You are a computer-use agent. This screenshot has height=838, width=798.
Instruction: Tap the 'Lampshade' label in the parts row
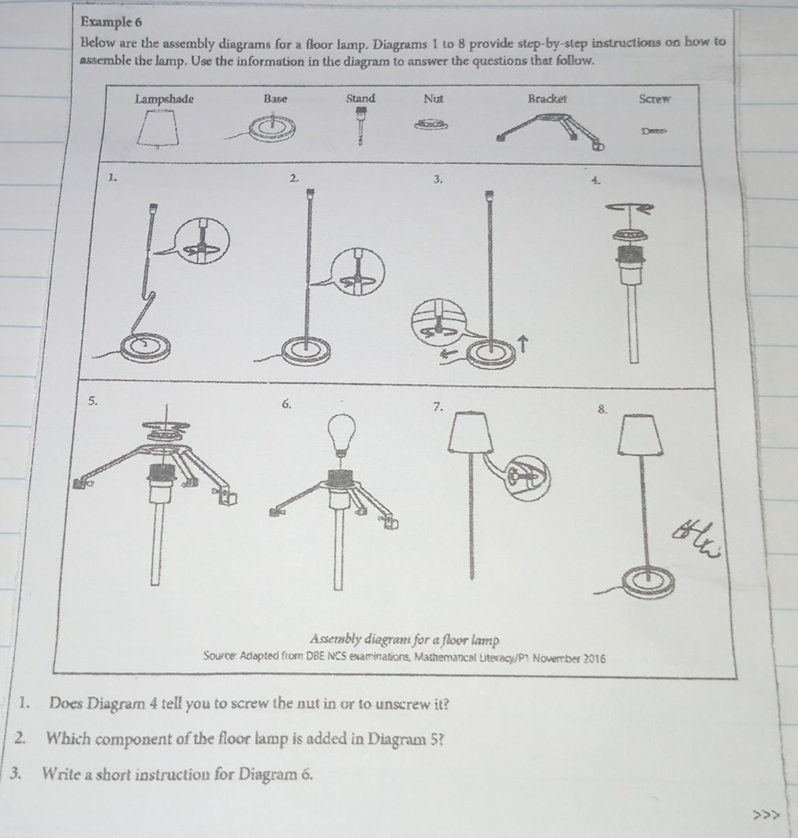[x=164, y=99]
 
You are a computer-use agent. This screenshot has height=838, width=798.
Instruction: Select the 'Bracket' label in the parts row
[x=547, y=99]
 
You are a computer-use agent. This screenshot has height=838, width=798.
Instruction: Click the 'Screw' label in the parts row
[x=654, y=100]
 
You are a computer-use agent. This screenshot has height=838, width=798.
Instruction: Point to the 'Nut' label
[x=434, y=99]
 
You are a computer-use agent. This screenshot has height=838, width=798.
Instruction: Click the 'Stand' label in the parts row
[x=360, y=99]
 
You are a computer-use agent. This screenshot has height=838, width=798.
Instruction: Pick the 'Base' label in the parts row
[x=276, y=99]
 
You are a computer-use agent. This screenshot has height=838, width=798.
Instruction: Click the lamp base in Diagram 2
[x=303, y=349]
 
